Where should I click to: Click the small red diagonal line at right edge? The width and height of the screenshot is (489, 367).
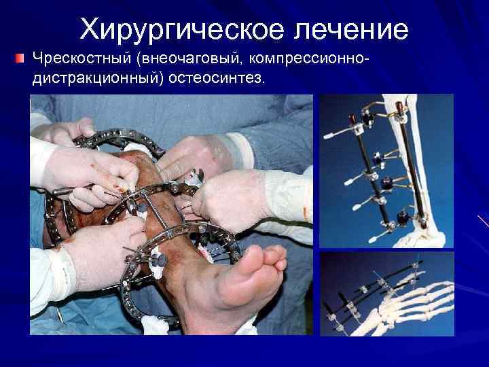coord(483,222)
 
